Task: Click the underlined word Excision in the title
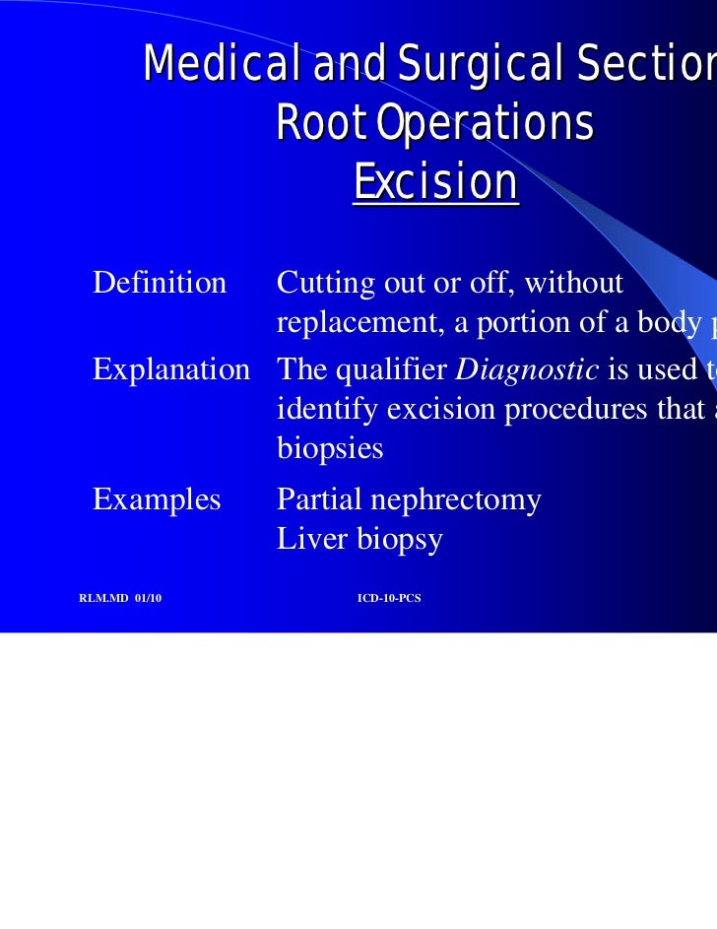(x=435, y=182)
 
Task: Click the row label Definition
(x=160, y=283)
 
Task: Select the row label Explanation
(x=171, y=369)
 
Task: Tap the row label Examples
(x=157, y=499)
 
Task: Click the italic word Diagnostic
(x=527, y=369)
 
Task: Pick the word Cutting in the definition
(x=315, y=283)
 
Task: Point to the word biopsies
(x=330, y=449)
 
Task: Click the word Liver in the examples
(x=306, y=539)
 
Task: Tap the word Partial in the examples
(x=318, y=499)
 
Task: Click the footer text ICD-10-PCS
(x=389, y=598)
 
